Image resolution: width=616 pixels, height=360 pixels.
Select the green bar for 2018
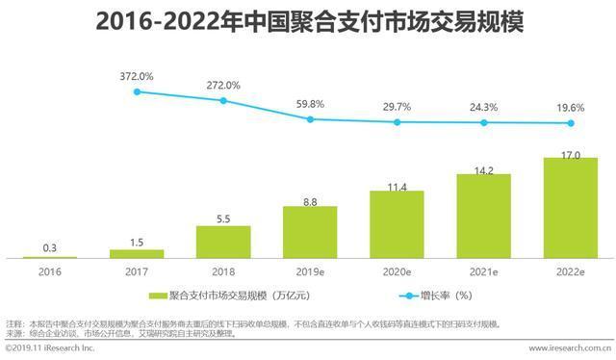point(223,242)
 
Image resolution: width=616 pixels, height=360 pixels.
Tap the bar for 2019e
point(310,232)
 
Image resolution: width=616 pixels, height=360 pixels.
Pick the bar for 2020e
point(397,223)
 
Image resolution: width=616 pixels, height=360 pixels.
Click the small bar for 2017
point(137,253)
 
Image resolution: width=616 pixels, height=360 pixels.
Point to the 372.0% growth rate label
point(138,75)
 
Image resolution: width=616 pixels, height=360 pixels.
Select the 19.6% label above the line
point(570,108)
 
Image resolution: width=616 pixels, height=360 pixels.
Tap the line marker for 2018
point(223,101)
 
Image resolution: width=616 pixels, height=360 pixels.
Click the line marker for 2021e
point(484,123)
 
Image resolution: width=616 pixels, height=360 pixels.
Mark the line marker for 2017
point(138,91)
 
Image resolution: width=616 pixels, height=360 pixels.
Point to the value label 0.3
point(50,247)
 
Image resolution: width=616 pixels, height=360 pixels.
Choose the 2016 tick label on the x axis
point(50,272)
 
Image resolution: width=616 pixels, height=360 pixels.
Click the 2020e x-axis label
point(397,272)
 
